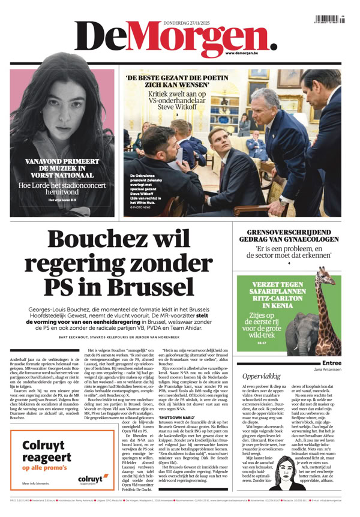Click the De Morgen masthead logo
(x=174, y=37)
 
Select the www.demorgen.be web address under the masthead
(x=245, y=54)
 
